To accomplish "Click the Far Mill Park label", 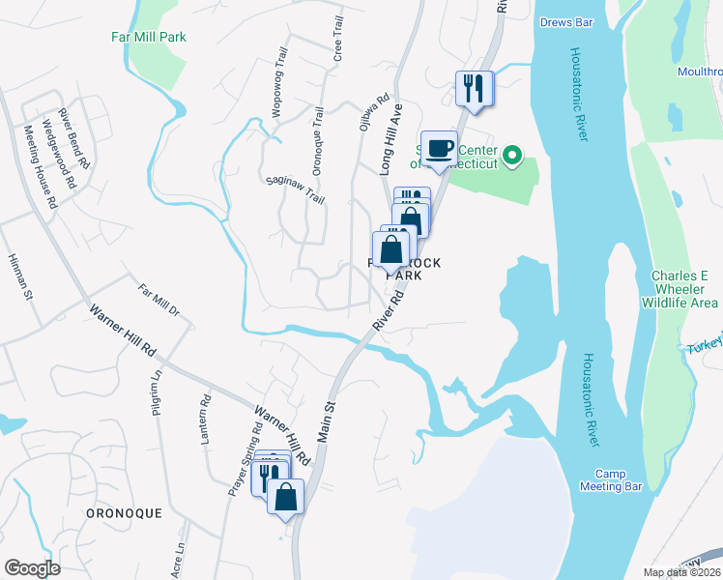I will tap(147, 37).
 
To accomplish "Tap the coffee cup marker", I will tap(439, 149).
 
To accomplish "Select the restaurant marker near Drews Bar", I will tap(474, 89).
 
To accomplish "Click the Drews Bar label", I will tap(565, 21).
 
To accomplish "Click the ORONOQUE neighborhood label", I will tap(124, 513).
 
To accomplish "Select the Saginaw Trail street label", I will tap(295, 189).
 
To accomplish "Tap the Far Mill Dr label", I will tap(159, 303).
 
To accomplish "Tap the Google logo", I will tap(32, 568).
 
